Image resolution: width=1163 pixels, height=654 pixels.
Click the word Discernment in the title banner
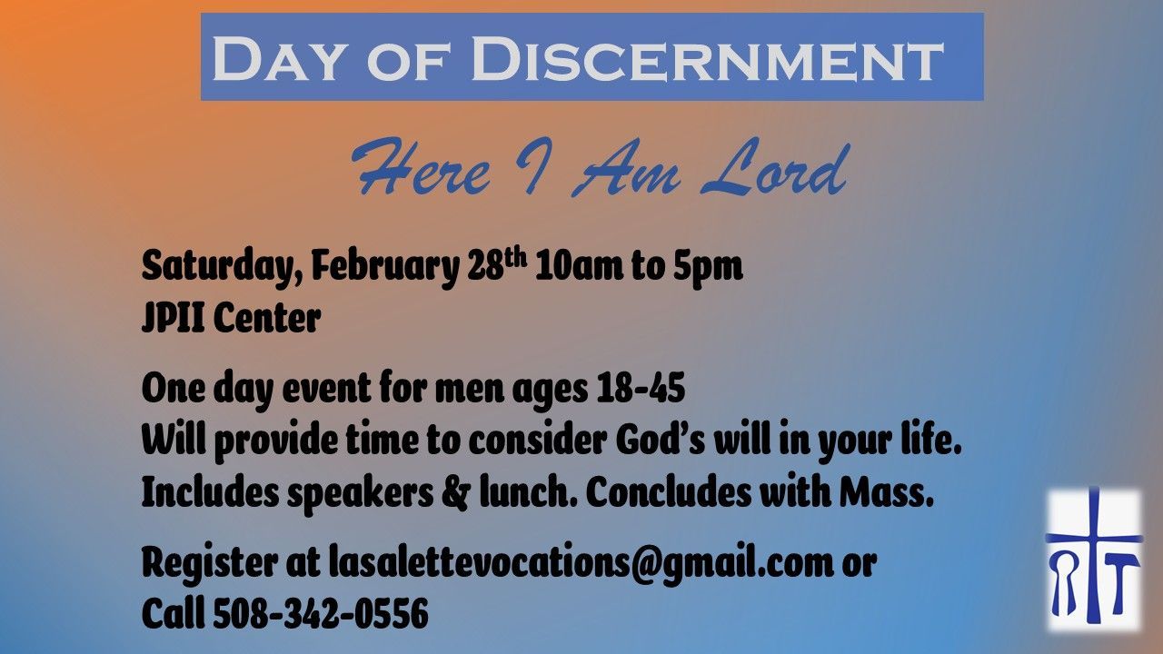707,58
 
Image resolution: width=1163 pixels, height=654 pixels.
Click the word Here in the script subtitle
422,167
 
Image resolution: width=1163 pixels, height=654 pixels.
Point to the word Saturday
222,267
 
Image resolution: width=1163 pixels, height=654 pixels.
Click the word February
385,267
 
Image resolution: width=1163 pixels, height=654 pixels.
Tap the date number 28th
497,264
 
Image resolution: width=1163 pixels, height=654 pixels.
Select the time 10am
580,267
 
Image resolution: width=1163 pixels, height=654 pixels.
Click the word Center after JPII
267,318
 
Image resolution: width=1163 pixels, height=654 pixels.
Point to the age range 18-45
641,388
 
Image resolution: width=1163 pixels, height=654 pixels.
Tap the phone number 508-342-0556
321,613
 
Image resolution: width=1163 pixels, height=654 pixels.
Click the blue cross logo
1095,559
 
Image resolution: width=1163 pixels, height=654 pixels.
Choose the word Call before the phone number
173,613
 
